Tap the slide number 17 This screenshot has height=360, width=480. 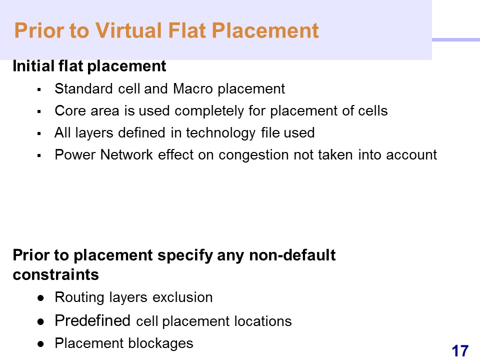(x=460, y=351)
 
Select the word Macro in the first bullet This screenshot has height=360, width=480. (x=193, y=89)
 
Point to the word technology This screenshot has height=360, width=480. (x=220, y=133)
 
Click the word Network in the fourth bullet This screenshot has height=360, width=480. (x=126, y=154)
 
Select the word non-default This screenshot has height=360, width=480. (x=292, y=255)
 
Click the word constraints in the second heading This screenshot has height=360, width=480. (x=55, y=274)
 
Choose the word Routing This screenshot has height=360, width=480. (x=79, y=297)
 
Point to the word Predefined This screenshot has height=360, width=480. (x=92, y=321)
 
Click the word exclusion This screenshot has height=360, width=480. (x=182, y=297)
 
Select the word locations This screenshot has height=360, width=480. (x=263, y=321)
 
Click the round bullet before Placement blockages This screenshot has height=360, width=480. (x=40, y=344)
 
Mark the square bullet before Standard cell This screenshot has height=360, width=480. (x=39, y=89)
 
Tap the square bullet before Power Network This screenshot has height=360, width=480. (x=39, y=155)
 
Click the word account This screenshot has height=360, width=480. (x=411, y=155)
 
